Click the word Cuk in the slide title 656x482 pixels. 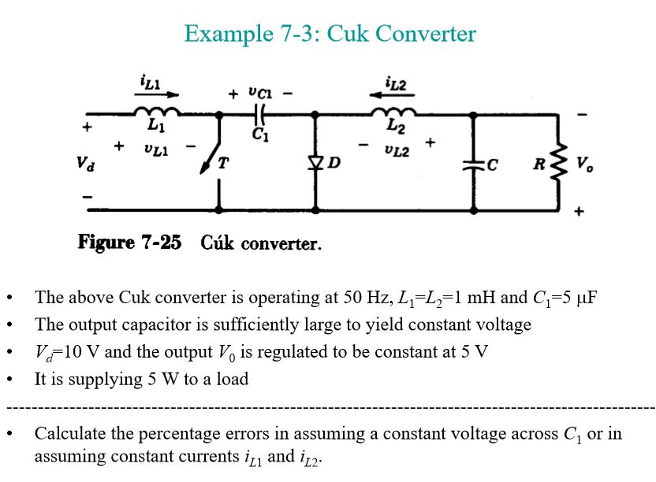pyautogui.click(x=348, y=34)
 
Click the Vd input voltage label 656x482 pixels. pyautogui.click(x=84, y=165)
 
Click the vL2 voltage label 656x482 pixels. pyautogui.click(x=397, y=150)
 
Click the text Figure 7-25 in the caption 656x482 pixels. pyautogui.click(x=129, y=242)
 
